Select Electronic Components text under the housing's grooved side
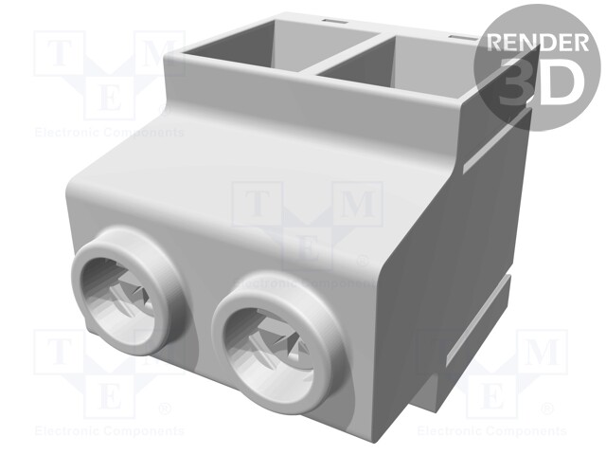493,430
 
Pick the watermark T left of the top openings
60,53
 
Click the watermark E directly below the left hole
108,394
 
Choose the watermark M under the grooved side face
543,353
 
